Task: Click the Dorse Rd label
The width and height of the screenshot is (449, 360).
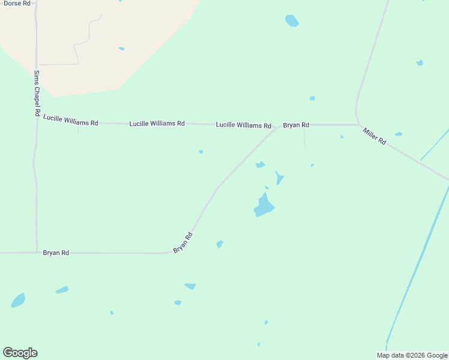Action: click(17, 4)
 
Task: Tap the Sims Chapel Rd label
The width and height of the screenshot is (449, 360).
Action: click(37, 93)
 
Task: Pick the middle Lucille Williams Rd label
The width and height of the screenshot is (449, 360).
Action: click(157, 124)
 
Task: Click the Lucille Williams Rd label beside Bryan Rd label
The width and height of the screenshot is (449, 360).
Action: click(243, 125)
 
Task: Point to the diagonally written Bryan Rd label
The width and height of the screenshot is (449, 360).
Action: click(182, 242)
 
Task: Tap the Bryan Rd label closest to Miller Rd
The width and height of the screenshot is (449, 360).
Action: click(296, 125)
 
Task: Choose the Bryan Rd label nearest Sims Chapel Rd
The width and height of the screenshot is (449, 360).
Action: click(56, 253)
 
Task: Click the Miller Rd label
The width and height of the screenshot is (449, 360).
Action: click(374, 136)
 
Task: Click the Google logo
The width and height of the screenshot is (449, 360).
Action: click(20, 353)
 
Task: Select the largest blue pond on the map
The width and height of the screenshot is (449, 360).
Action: click(264, 206)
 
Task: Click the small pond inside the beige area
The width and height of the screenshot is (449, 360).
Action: click(121, 49)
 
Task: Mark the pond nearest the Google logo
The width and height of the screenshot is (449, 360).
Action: click(18, 300)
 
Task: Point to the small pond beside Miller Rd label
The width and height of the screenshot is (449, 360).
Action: click(398, 134)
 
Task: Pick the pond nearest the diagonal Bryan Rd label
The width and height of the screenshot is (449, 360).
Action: click(220, 244)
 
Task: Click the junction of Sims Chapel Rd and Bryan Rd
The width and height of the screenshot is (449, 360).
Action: click(37, 253)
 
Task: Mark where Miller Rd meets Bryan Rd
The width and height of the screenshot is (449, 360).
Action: click(358, 125)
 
